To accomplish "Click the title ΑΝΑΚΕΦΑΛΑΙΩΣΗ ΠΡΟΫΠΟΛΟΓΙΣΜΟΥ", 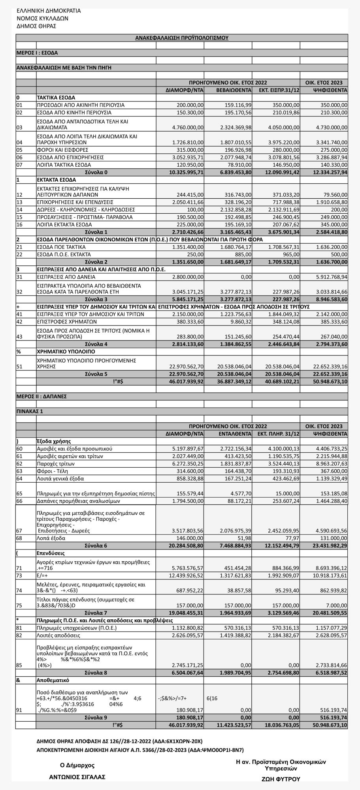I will coord(182,38).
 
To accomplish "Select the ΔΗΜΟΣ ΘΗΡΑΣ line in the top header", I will coord(36,26).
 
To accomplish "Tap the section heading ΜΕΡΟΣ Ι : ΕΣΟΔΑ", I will coord(37,53).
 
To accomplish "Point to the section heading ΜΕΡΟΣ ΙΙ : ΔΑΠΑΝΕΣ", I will coord(41,396).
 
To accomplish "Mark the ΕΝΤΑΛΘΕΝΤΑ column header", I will coord(235,434).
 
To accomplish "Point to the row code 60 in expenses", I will coord(20,449).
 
